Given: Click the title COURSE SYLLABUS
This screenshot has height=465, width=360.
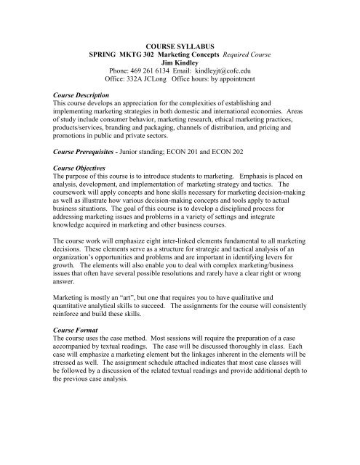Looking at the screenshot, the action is click(180, 45).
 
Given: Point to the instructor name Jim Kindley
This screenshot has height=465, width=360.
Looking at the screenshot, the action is click(180, 63).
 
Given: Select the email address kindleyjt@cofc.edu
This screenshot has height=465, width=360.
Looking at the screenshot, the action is click(233, 73).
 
